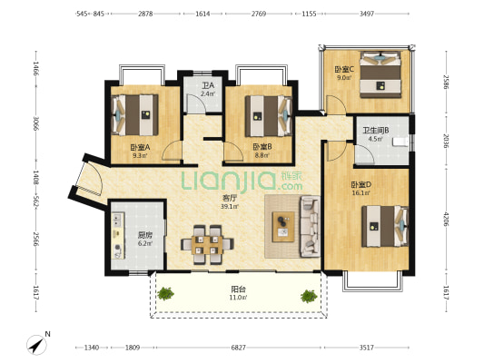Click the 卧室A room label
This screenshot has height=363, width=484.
coord(140,147)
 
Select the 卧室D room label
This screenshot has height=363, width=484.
coord(361,185)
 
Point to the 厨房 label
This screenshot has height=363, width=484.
coord(144,236)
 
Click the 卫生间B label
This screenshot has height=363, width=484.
coord(375,131)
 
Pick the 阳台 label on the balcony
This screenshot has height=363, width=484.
coord(238,289)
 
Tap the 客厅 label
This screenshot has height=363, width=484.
coord(230,199)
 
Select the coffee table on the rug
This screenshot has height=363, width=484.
coord(283,227)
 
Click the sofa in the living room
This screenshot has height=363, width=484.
coord(310,226)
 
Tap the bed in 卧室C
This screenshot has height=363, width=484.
coord(380,75)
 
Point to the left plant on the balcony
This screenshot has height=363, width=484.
coord(165,293)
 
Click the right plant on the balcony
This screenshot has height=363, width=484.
coord(309,296)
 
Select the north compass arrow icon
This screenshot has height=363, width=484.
coord(36,345)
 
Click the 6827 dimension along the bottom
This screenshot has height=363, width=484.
coord(238,348)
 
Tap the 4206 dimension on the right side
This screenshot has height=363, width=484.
coord(446,219)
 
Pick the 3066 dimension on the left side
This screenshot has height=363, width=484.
coord(36,123)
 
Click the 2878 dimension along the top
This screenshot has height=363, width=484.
coord(145,14)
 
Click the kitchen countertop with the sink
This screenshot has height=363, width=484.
coord(118,235)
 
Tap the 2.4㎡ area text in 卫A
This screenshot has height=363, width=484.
coord(207,93)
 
